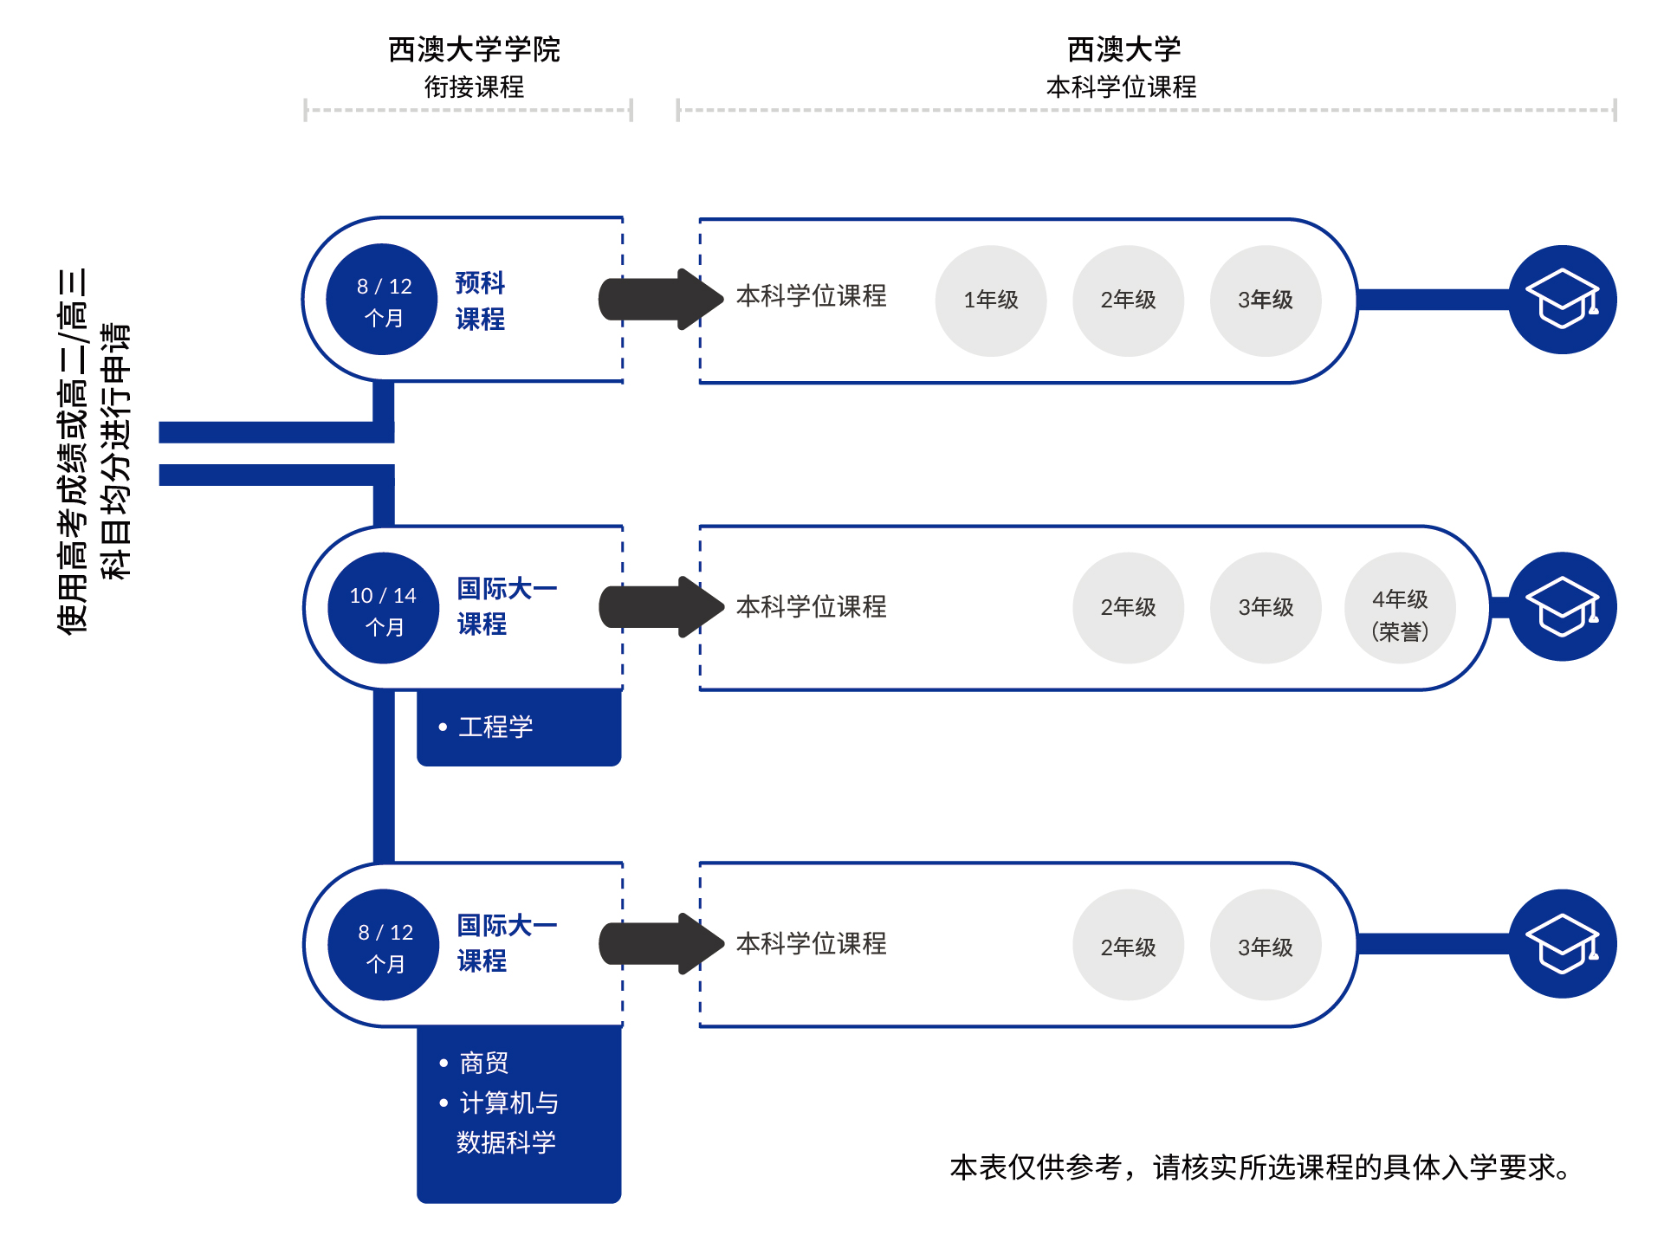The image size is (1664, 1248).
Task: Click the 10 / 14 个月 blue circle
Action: (x=383, y=608)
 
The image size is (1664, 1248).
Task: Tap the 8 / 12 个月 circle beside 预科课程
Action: (x=382, y=300)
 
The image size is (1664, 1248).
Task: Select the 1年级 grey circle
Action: (x=991, y=301)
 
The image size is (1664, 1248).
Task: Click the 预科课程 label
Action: (x=480, y=301)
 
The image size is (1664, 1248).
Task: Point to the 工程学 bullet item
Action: (x=495, y=727)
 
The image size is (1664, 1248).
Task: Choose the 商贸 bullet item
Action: (x=483, y=1063)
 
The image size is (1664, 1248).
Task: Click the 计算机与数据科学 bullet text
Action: (x=508, y=1122)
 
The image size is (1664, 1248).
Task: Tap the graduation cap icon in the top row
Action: (x=1562, y=300)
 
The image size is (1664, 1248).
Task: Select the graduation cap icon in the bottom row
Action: (x=1562, y=944)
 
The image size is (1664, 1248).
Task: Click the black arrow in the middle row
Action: (x=661, y=607)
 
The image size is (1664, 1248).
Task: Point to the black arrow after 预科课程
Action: (x=661, y=300)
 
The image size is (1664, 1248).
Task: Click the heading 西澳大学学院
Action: (x=474, y=49)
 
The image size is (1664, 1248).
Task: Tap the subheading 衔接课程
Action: (x=474, y=87)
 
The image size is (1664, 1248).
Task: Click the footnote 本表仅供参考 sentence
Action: (x=1260, y=1167)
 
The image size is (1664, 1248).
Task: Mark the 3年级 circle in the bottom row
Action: (x=1265, y=946)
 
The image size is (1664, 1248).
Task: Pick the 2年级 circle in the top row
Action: (x=1128, y=301)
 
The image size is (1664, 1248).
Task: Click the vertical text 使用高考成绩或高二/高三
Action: (x=73, y=450)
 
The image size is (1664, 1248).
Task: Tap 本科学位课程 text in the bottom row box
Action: (x=811, y=943)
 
